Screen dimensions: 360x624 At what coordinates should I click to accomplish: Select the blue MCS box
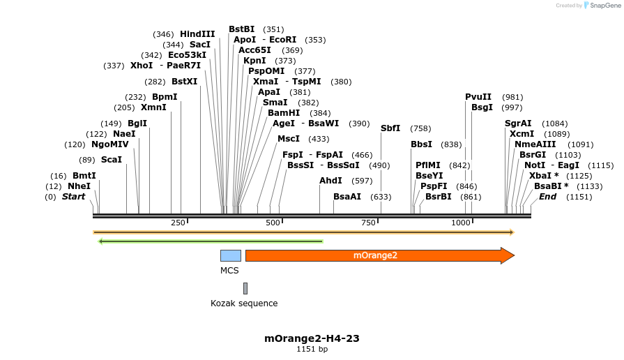pos(231,255)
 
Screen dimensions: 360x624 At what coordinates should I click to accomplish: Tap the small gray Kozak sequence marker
pos(245,288)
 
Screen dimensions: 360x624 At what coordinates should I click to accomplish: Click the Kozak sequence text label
pos(244,303)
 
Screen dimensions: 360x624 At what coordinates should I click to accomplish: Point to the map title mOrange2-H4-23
pos(312,338)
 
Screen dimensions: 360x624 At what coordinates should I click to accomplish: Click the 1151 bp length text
pos(312,349)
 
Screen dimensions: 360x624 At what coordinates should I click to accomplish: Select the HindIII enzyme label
pos(197,34)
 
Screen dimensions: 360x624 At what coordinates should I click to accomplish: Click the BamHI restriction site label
pos(284,113)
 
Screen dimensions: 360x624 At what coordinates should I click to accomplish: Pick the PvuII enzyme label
pos(478,97)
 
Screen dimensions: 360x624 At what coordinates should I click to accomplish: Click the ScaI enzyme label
pos(112,160)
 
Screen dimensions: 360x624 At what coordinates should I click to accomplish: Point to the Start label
pos(73,197)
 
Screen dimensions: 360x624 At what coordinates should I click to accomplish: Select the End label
pos(548,197)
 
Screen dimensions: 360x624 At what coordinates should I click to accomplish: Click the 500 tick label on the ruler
pos(273,223)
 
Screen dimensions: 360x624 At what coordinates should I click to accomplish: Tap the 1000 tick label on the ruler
pos(461,223)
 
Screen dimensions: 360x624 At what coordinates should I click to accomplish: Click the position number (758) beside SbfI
pos(420,128)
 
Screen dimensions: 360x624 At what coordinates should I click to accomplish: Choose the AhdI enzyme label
pos(330,181)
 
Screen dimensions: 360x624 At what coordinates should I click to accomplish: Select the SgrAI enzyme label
pos(518,123)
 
